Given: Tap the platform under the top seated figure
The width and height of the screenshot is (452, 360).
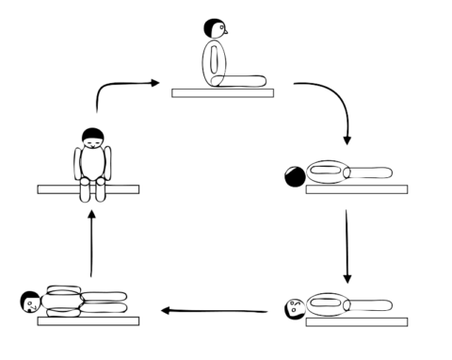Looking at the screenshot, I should (x=222, y=92).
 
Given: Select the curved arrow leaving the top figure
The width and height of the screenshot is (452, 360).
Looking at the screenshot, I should (x=331, y=104).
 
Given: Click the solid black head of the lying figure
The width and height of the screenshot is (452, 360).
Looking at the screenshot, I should (x=295, y=175).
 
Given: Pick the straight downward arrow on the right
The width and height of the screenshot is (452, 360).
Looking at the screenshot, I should (x=347, y=245).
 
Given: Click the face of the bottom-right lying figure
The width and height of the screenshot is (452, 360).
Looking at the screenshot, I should (x=294, y=305).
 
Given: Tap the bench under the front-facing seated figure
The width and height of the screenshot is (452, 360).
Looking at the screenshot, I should (x=88, y=189).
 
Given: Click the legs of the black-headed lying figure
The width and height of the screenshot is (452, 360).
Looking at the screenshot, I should (x=372, y=172).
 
